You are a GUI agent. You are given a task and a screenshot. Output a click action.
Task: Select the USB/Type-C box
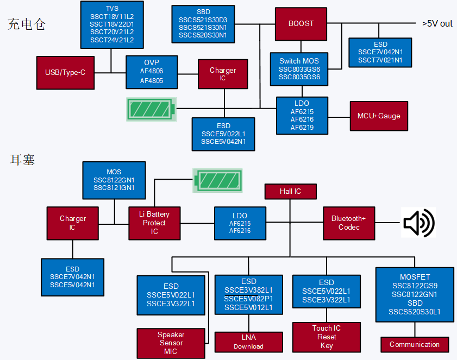pyautogui.click(x=65, y=72)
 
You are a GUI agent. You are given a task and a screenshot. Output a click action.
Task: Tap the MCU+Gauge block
pyautogui.click(x=378, y=116)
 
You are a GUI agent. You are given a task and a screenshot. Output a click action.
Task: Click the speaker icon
pyautogui.click(x=418, y=222)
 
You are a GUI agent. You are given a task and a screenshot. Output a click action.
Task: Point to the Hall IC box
pyautogui.click(x=290, y=192)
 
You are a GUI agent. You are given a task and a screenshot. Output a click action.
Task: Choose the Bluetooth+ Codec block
pyautogui.click(x=349, y=223)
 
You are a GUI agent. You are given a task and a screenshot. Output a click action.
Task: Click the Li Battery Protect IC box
pyautogui.click(x=154, y=223)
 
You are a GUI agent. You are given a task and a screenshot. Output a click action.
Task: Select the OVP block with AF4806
pyautogui.click(x=152, y=72)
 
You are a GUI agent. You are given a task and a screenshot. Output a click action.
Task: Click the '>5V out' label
pyautogui.click(x=437, y=23)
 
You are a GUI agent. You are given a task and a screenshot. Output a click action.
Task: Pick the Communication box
pyautogui.click(x=415, y=345)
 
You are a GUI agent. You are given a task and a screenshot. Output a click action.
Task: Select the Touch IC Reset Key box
pyautogui.click(x=326, y=337)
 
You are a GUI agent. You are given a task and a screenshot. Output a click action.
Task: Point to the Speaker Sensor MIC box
pyautogui.click(x=171, y=343)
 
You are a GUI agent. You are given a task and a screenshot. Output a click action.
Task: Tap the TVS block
pyautogui.click(x=112, y=24)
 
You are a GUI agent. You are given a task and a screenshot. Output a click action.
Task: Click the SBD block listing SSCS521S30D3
pyautogui.click(x=203, y=24)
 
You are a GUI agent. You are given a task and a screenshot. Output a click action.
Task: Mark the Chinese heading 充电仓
pyautogui.click(x=26, y=24)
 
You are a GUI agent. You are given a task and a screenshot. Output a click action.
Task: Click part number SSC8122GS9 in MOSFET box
pyautogui.click(x=415, y=286)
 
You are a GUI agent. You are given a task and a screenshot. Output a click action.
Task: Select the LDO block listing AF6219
pyautogui.click(x=302, y=115)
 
